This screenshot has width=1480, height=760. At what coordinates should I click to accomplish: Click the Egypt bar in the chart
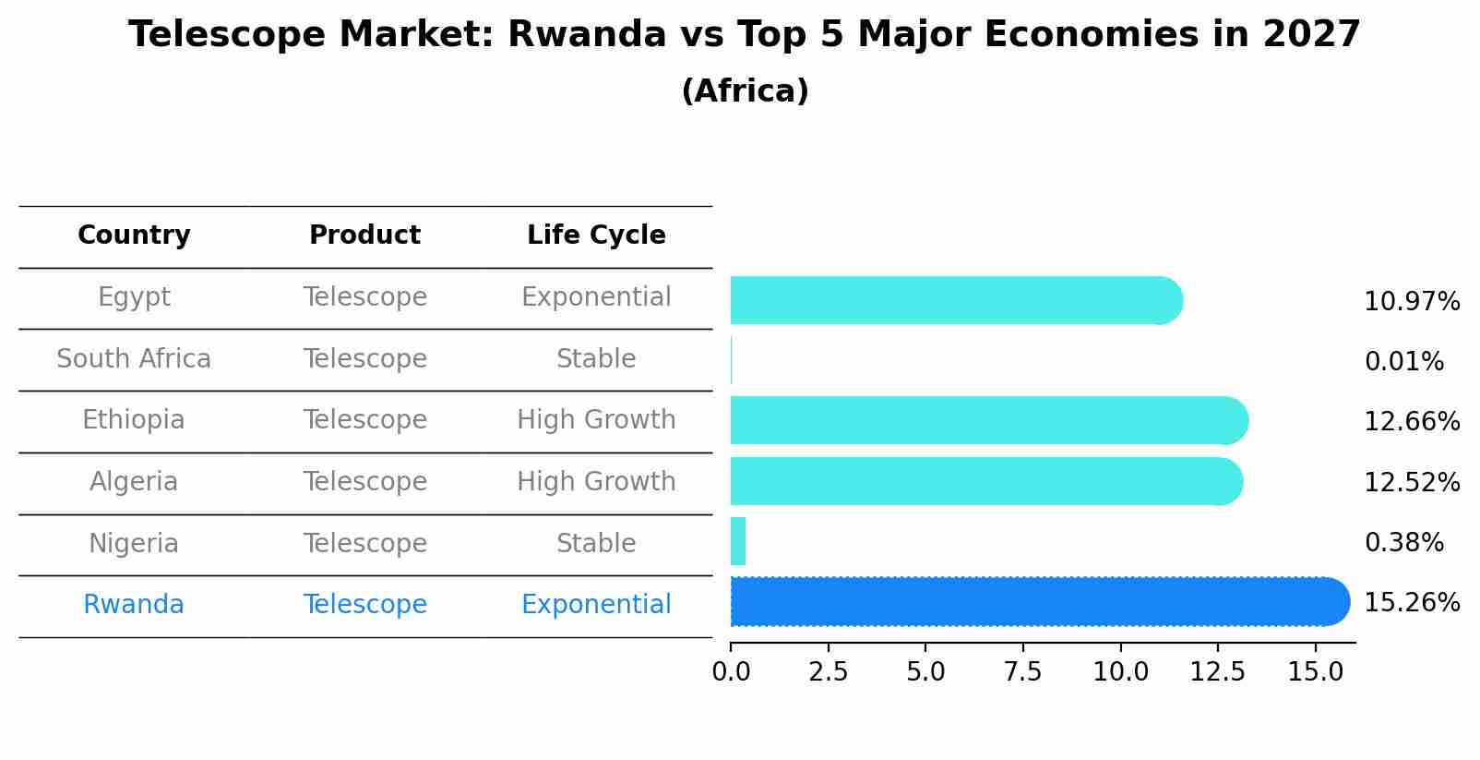955,300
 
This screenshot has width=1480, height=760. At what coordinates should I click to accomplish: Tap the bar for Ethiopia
987,421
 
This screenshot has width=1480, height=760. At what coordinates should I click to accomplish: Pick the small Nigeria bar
738,541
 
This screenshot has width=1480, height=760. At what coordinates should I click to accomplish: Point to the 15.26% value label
1411,603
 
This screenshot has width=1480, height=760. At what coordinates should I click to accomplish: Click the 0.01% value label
1403,362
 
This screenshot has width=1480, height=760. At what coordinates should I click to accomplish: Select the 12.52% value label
1411,483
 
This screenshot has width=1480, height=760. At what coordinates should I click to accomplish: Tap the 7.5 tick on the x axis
1022,672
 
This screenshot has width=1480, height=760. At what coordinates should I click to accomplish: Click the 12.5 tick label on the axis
1217,672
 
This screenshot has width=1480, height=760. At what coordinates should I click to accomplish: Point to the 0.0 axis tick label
731,672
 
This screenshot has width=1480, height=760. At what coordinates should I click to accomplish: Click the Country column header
134,235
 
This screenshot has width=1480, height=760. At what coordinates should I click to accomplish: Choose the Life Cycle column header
596,235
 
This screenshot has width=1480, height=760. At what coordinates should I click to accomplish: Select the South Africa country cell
134,359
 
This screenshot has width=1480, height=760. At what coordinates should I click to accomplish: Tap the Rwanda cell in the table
134,605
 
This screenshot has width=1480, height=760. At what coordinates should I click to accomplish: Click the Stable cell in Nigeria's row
596,544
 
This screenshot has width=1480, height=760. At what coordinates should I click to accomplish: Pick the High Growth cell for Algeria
596,482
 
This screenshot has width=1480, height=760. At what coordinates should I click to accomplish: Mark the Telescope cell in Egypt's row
365,297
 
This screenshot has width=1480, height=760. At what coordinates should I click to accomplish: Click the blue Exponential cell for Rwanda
596,605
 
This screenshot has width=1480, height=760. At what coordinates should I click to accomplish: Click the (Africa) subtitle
745,91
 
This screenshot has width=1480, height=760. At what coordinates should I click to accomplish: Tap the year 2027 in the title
1311,35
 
